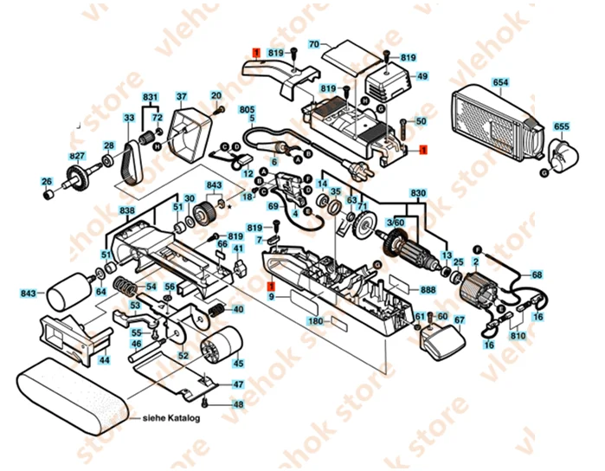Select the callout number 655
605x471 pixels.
point(562,126)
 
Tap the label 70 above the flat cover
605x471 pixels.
point(314,43)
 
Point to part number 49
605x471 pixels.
point(422,76)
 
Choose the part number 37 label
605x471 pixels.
point(182,96)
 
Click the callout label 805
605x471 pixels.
point(248,110)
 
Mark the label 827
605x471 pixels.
point(78,157)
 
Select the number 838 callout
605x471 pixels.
point(127,211)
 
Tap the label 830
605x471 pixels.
point(418,192)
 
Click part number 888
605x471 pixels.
point(428,290)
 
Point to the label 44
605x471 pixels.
point(104,359)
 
